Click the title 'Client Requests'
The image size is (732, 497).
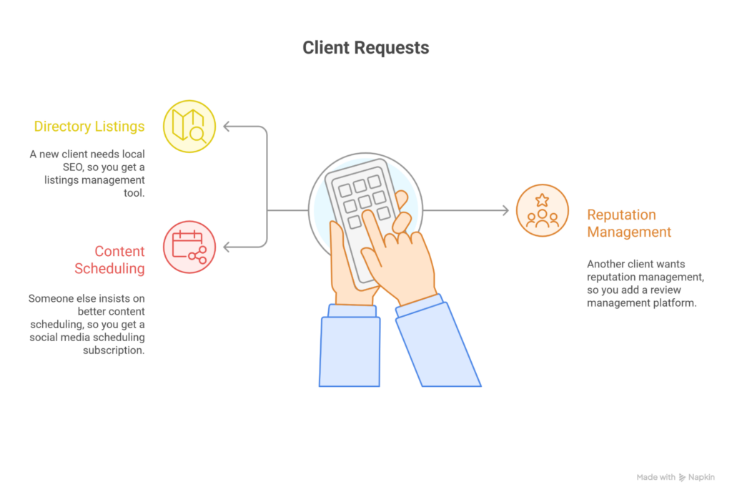365,48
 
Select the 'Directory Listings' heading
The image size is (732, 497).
89,127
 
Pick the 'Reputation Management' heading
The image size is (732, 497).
629,223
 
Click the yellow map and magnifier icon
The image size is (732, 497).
189,127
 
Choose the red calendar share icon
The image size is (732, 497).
189,247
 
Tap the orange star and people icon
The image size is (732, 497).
542,210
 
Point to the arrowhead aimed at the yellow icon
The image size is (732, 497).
227,127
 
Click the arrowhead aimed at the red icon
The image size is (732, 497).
227,247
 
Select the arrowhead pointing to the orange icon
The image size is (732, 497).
505,210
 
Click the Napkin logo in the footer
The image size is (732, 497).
683,477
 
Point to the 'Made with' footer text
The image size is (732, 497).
655,477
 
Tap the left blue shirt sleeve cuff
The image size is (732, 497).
352,311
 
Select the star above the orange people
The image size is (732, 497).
542,200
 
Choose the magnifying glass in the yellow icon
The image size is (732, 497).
197,134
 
